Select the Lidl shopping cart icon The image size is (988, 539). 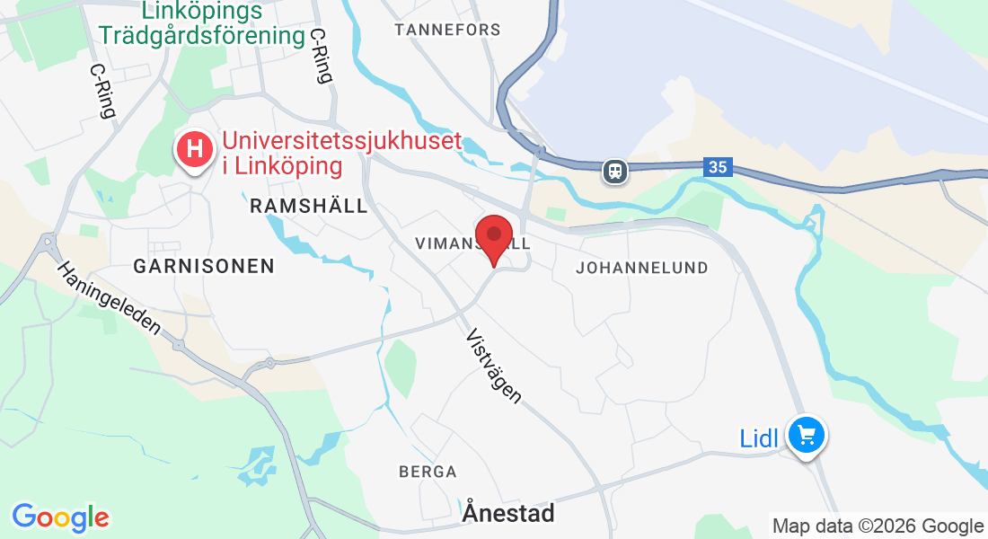point(807,437)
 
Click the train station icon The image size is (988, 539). point(615,170)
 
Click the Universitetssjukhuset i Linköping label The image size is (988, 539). point(341,154)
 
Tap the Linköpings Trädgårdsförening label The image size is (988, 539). point(202,23)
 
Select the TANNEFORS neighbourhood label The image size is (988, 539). point(447,30)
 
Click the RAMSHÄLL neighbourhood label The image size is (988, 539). point(308,206)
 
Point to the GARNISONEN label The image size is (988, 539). point(204,266)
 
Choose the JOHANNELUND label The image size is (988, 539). point(642,268)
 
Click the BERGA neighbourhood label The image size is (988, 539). point(428,472)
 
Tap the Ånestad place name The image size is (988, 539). point(509,513)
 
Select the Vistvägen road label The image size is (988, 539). point(493,366)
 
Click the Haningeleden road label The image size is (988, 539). point(109,298)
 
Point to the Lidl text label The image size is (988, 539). point(759,439)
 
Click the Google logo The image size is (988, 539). point(60,517)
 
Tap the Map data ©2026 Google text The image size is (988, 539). point(878,526)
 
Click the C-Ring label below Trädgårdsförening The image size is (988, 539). point(321,55)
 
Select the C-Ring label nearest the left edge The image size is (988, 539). point(103,91)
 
